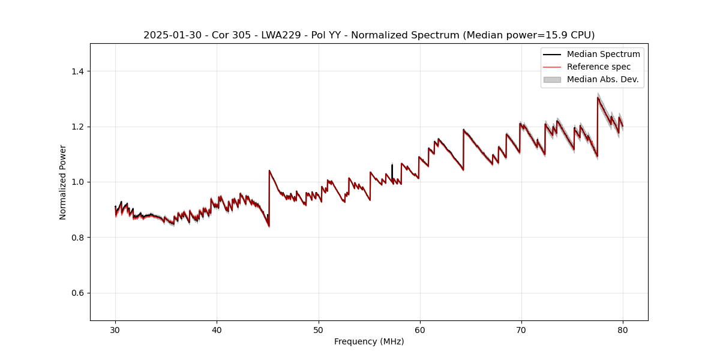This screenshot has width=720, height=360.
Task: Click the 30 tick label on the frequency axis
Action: [x=115, y=329]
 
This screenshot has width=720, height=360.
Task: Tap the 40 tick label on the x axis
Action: [x=217, y=329]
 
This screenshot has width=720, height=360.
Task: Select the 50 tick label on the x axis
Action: [x=318, y=329]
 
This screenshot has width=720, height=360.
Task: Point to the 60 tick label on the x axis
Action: [x=419, y=329]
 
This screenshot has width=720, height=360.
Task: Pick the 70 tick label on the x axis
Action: [x=521, y=329]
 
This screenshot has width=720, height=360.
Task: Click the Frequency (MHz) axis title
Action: [x=369, y=341]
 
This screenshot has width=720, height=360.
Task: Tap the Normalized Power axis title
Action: [x=63, y=182]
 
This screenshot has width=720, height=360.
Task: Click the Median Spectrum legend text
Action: [x=603, y=54]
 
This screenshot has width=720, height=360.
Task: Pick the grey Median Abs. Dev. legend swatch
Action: [x=552, y=79]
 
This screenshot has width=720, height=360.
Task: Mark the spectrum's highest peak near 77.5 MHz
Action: [x=598, y=98]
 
